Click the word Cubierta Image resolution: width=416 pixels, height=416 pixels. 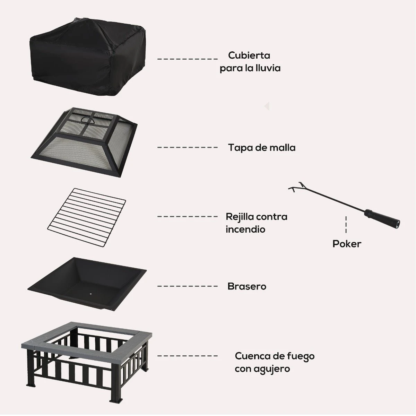249,55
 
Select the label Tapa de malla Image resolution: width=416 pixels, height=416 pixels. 262,148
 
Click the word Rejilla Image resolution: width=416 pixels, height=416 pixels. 240,217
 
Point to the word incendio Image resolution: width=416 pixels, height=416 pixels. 245,229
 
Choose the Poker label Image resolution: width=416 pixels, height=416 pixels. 347,244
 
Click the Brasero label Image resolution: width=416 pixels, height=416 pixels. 247,286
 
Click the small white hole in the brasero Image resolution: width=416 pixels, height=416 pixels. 91,294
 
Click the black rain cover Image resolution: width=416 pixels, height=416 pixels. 87,56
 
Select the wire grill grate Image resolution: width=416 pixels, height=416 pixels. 87,218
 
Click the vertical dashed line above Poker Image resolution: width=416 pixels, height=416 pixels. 346,225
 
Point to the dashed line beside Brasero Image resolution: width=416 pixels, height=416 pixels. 188,286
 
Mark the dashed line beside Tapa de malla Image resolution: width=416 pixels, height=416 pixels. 188,147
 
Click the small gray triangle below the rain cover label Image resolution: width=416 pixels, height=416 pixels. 267,106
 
